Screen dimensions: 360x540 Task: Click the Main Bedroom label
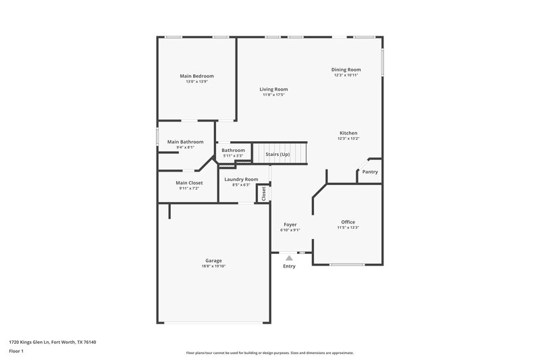196,76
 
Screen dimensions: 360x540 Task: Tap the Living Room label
274,89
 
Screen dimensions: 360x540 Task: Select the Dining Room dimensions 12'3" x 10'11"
346,75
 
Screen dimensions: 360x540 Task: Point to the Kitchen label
348,133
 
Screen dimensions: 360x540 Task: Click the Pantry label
370,172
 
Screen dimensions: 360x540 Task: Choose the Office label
348,222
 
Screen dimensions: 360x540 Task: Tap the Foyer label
290,224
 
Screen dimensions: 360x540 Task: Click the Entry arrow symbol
289,257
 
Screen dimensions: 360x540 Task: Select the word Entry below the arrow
289,266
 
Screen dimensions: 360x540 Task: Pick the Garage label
213,261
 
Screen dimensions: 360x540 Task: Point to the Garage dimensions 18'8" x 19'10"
213,266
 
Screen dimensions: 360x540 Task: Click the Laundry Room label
241,179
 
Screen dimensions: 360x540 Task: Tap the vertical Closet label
263,192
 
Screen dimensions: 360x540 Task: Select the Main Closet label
189,182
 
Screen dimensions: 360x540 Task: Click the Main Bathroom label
185,142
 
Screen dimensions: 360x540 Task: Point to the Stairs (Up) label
277,154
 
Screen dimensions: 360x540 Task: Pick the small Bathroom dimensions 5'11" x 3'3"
234,155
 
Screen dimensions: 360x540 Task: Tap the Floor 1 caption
16,352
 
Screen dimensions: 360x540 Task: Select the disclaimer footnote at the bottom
269,353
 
